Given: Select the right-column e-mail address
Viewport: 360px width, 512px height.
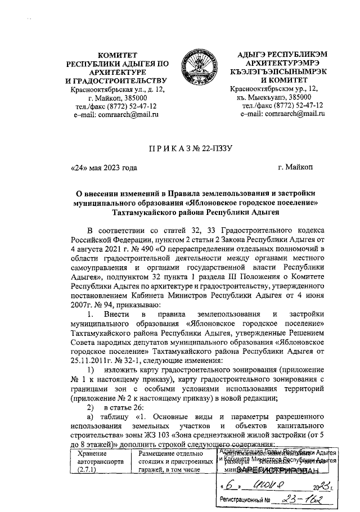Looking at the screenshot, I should pos(282,114).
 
